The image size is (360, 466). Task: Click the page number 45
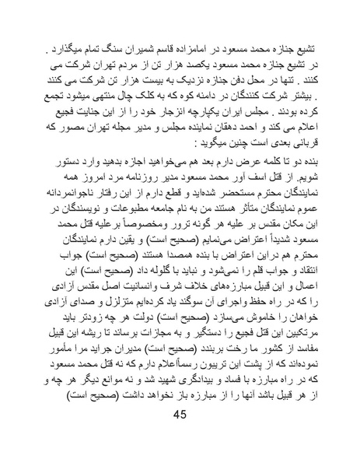click(x=180, y=436)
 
